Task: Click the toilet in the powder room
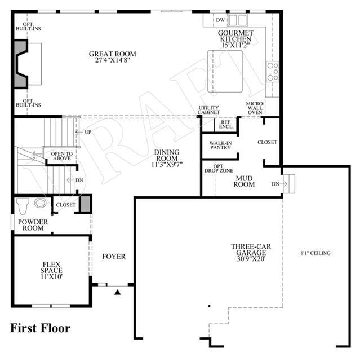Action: coord(23,206)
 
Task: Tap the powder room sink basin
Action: coord(40,203)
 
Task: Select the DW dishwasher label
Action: coord(220,20)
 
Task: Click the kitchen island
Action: coord(225,72)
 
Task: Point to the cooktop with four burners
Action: coord(273,72)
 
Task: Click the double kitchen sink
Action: coord(238,20)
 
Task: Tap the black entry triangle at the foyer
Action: coord(118,292)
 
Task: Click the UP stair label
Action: coord(88,132)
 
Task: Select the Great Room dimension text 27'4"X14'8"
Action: coord(113,60)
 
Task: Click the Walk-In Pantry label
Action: coord(220,146)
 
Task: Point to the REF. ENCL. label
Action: coord(226,125)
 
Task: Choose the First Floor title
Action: coord(40,328)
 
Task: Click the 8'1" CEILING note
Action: coord(315,253)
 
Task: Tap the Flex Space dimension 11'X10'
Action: coord(51,276)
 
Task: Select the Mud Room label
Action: coord(244,182)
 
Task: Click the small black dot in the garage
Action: coord(209,306)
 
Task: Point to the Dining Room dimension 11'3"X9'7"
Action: coord(167,164)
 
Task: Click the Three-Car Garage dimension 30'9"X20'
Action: coord(251,259)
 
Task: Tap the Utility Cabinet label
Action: coord(209,110)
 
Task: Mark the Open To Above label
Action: coord(62,156)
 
